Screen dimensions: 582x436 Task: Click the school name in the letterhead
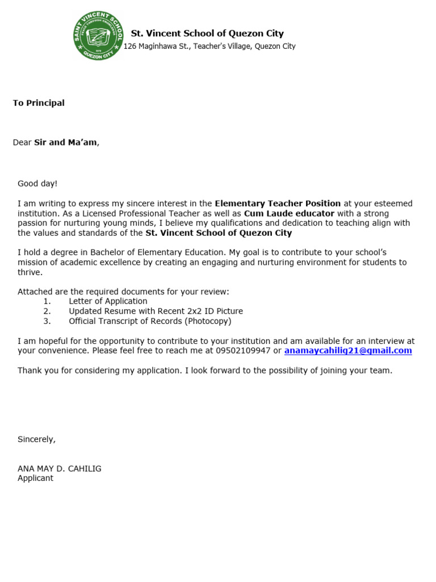(207, 34)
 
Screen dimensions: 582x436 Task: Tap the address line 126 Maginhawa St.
(209, 47)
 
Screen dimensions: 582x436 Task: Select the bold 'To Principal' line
(39, 103)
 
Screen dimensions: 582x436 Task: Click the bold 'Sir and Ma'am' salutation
(65, 142)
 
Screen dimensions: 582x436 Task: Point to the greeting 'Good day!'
(37, 184)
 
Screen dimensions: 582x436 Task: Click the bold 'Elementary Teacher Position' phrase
(278, 203)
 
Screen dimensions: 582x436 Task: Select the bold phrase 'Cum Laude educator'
(289, 213)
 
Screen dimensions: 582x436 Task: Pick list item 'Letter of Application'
(108, 301)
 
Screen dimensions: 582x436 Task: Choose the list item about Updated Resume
(156, 311)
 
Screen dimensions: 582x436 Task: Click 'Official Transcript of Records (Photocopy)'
(150, 321)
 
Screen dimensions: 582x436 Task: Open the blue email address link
(348, 351)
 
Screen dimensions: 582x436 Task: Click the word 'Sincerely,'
(37, 439)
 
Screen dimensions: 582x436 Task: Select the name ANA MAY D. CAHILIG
(60, 469)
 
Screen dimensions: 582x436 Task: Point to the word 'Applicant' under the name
(35, 478)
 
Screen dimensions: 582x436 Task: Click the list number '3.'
(47, 321)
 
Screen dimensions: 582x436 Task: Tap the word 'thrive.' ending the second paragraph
(30, 272)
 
